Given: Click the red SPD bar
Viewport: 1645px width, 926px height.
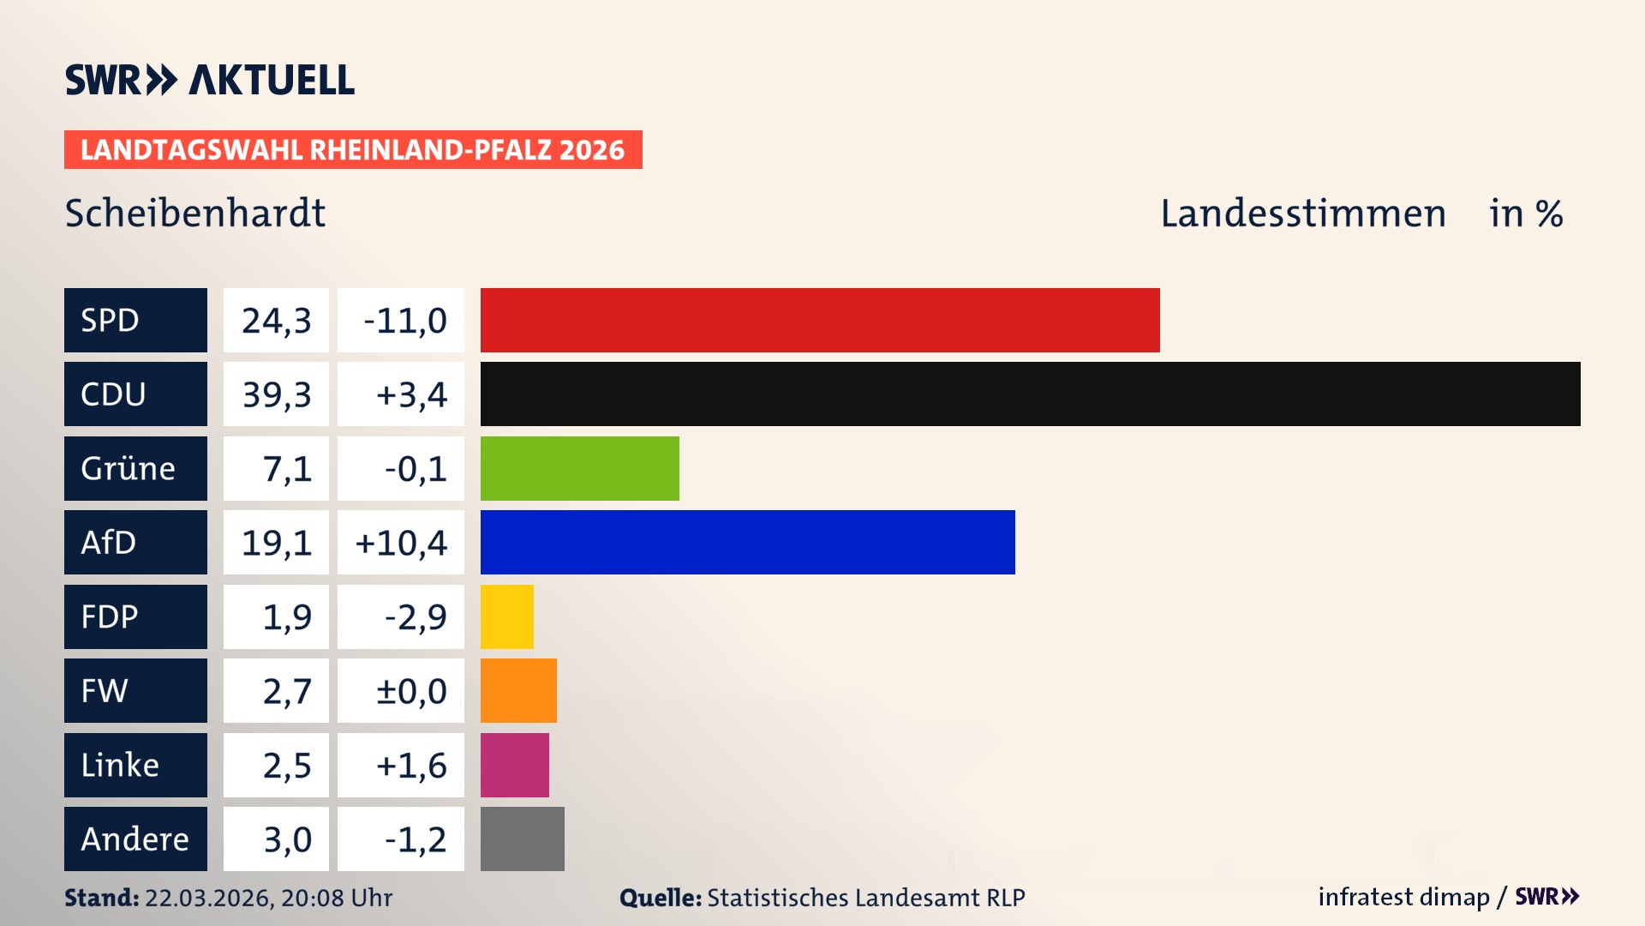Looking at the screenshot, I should [x=820, y=320].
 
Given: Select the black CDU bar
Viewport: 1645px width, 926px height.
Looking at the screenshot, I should [x=1030, y=394].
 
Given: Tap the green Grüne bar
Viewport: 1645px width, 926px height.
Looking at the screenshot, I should [x=579, y=468].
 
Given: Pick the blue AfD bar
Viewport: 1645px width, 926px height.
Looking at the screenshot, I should [x=747, y=542].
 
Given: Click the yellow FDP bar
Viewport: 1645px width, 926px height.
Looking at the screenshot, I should [x=506, y=616].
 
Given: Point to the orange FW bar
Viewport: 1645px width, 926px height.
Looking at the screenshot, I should [x=518, y=690].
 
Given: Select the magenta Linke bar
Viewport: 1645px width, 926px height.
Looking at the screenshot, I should [x=514, y=765].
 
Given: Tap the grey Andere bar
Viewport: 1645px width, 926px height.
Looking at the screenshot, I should [x=522, y=839].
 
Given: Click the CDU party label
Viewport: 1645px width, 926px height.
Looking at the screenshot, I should [x=135, y=394].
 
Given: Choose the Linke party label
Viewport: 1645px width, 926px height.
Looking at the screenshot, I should [x=135, y=765].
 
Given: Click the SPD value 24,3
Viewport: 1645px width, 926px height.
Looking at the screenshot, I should [x=276, y=320].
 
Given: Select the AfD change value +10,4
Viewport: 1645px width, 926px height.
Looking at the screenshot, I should [x=401, y=542].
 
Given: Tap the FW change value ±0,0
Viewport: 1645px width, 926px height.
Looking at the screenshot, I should [x=401, y=690].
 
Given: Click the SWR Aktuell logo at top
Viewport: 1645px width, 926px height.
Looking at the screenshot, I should [x=209, y=80].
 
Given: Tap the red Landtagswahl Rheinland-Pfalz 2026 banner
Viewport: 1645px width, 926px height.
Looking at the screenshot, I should [x=353, y=150].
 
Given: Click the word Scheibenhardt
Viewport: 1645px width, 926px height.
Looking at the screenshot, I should [x=195, y=213].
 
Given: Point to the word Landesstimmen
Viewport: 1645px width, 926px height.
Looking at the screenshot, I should [x=1302, y=213].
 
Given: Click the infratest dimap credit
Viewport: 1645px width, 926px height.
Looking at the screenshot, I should [x=1403, y=897].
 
